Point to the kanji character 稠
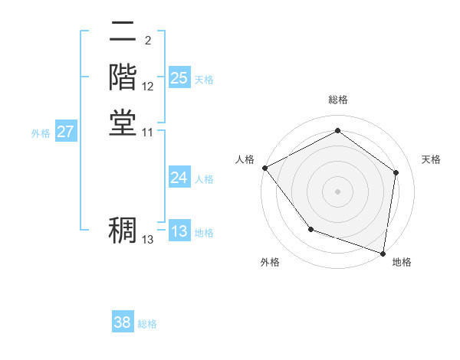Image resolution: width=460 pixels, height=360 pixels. (123, 230)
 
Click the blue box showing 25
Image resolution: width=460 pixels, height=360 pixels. (179, 78)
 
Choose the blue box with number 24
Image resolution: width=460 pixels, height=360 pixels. (179, 178)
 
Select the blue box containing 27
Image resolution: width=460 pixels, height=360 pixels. (66, 132)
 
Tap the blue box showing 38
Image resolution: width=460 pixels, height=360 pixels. (123, 322)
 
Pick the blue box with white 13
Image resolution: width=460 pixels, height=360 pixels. (179, 231)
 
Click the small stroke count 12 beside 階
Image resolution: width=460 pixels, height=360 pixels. (148, 87)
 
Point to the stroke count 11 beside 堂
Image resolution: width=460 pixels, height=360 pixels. (148, 133)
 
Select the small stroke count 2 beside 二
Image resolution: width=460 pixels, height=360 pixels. (147, 40)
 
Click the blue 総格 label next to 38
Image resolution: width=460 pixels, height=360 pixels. (147, 324)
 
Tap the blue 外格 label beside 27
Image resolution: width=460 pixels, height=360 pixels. (41, 133)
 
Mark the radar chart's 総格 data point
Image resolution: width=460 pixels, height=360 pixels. (337, 130)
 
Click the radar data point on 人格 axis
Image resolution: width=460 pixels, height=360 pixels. (264, 167)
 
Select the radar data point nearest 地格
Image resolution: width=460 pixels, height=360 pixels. (383, 253)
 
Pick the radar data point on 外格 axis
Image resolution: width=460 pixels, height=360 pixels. (310, 228)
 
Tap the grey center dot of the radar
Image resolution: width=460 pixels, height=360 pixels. (337, 191)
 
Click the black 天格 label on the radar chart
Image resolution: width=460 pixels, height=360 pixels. (432, 159)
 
